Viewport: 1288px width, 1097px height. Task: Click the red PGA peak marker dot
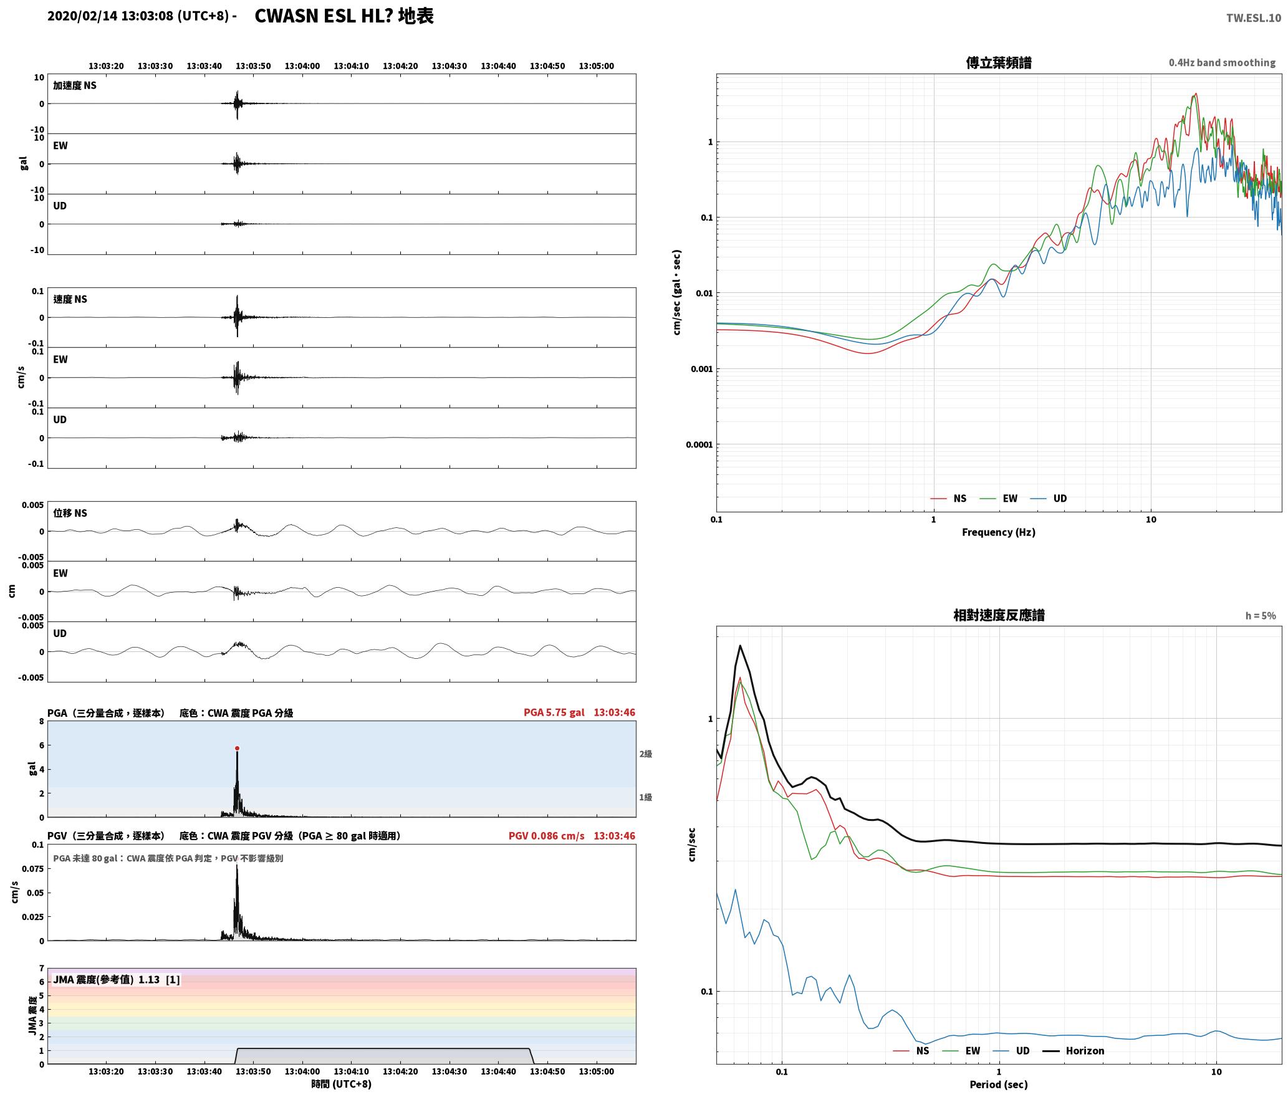(237, 748)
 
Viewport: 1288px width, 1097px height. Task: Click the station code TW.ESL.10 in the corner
(1253, 18)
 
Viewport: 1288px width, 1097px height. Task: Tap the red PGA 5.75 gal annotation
(554, 712)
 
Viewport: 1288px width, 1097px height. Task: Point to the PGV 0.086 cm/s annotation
(546, 835)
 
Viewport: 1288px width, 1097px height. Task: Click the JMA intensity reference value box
(116, 979)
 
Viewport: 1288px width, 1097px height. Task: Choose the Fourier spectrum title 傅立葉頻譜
(998, 62)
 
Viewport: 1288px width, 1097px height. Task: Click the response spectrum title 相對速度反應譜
(998, 615)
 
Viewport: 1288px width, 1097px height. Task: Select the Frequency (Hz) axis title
(998, 532)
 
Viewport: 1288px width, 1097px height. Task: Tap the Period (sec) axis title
(998, 1084)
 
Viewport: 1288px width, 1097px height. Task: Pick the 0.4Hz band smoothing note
(1222, 62)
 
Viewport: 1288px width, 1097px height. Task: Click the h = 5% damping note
(1261, 615)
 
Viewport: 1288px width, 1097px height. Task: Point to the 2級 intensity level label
(645, 754)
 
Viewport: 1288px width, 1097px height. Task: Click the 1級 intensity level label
(645, 797)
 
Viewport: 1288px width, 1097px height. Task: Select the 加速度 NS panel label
(75, 85)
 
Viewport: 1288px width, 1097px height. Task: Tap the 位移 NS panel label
(70, 513)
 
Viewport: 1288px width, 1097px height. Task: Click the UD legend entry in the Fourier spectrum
(1049, 498)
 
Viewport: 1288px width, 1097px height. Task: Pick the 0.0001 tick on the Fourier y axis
(699, 444)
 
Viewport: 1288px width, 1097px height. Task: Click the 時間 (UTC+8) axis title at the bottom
(342, 1084)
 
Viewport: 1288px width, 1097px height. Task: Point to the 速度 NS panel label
(70, 299)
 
